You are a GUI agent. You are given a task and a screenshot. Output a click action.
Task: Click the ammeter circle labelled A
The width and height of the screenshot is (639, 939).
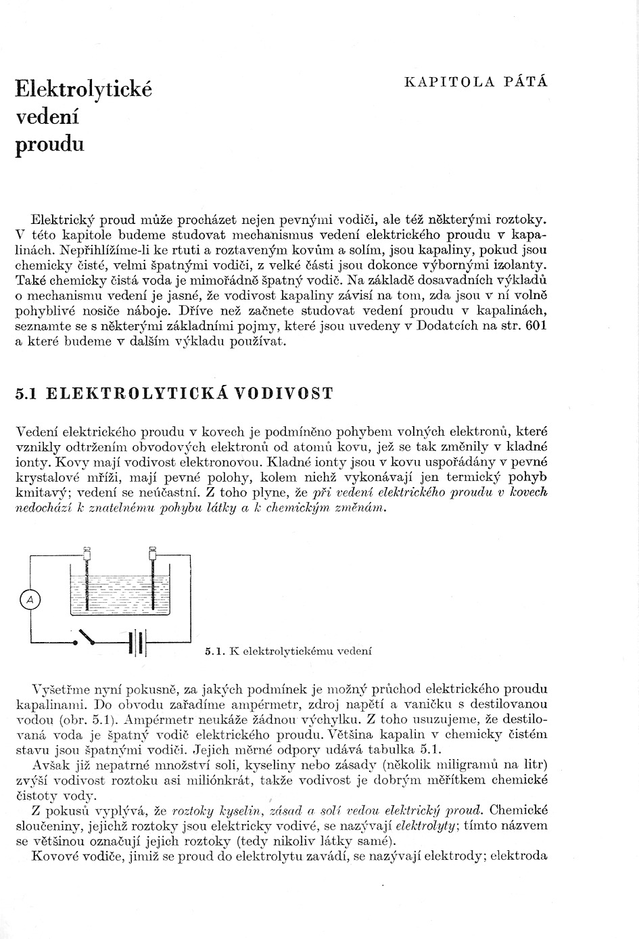[29, 598]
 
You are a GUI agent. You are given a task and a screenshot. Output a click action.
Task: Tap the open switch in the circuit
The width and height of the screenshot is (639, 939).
[86, 637]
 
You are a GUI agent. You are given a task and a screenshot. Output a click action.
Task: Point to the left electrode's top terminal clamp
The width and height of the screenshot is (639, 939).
[87, 552]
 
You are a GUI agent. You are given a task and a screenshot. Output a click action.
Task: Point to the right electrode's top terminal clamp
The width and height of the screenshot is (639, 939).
[153, 552]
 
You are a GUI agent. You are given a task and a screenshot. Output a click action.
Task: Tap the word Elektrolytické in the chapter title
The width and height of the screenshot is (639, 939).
[83, 89]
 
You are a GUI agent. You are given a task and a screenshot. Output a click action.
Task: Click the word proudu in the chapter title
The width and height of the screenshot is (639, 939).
[49, 144]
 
